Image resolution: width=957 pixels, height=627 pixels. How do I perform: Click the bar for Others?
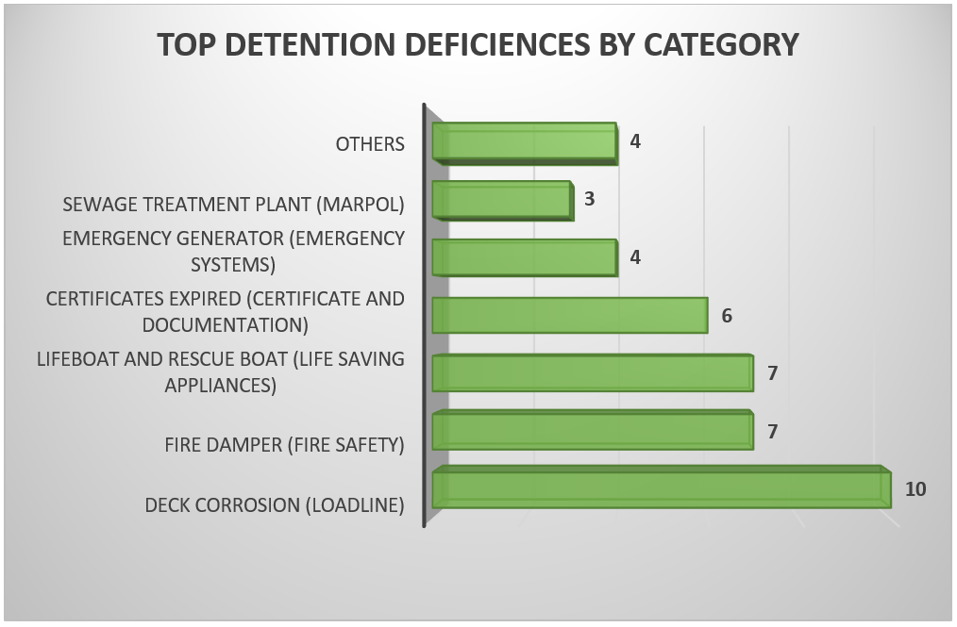(x=525, y=143)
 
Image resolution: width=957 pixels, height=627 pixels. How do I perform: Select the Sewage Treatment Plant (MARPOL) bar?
(x=503, y=201)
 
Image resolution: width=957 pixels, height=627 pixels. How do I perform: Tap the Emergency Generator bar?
(x=525, y=257)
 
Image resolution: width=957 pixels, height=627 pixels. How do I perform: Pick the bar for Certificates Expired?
(x=570, y=315)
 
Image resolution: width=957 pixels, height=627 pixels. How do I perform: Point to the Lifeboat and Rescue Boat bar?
(x=593, y=372)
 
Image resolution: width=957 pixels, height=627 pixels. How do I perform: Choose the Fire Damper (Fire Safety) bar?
(x=593, y=431)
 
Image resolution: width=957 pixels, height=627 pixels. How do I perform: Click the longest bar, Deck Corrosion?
(x=662, y=487)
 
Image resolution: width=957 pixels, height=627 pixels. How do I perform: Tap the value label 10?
(x=915, y=489)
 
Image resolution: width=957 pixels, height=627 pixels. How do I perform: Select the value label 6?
(x=727, y=316)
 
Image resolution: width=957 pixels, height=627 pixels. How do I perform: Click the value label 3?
(x=589, y=199)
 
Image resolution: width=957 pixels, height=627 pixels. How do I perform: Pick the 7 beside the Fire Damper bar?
(x=772, y=431)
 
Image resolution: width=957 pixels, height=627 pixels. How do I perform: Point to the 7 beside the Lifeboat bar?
(x=772, y=373)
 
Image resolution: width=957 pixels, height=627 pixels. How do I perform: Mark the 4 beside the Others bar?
(x=635, y=141)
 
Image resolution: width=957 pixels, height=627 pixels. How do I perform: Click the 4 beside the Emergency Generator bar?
(x=635, y=257)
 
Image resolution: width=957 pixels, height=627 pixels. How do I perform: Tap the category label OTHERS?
(x=370, y=144)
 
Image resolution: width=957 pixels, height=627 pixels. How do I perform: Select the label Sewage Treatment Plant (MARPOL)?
(x=234, y=205)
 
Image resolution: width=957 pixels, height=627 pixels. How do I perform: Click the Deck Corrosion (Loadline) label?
(x=275, y=505)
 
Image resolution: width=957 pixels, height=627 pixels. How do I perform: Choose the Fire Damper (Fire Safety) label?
(x=284, y=445)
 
